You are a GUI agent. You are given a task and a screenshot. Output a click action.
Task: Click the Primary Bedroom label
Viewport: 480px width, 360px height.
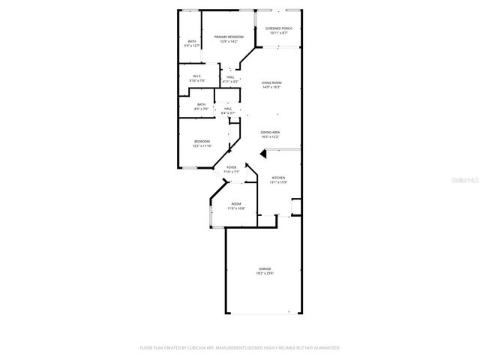tap(229, 37)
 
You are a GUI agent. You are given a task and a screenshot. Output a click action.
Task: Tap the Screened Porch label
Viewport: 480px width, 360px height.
tap(278, 29)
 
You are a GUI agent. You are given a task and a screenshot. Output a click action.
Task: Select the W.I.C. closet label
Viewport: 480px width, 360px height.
tap(197, 76)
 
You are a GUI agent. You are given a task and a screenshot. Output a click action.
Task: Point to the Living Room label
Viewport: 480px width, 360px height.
tap(271, 82)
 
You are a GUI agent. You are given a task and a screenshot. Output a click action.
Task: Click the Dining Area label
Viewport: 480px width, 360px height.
tap(270, 132)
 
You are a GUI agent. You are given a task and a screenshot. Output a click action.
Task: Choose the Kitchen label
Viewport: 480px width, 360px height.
tap(278, 178)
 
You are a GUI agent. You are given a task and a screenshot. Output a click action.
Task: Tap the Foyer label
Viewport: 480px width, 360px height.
tap(231, 167)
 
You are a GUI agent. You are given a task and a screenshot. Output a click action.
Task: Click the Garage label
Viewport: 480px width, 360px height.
tap(265, 268)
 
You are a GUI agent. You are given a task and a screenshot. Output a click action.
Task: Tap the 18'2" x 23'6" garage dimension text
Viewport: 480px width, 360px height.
tap(265, 273)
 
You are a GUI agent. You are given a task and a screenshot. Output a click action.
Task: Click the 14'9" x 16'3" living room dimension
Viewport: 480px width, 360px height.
tap(271, 87)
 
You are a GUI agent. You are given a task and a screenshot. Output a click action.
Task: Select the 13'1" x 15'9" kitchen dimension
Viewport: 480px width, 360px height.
tap(278, 182)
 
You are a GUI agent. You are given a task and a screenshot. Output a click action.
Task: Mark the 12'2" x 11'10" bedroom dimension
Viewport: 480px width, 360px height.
tap(202, 145)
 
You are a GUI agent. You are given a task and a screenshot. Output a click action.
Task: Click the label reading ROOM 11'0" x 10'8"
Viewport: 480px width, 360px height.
tap(236, 205)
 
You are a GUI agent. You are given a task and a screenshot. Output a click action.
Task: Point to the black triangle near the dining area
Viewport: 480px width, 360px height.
tap(263, 154)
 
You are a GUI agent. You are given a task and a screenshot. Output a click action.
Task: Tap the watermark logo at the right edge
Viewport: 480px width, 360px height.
tap(467, 181)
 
